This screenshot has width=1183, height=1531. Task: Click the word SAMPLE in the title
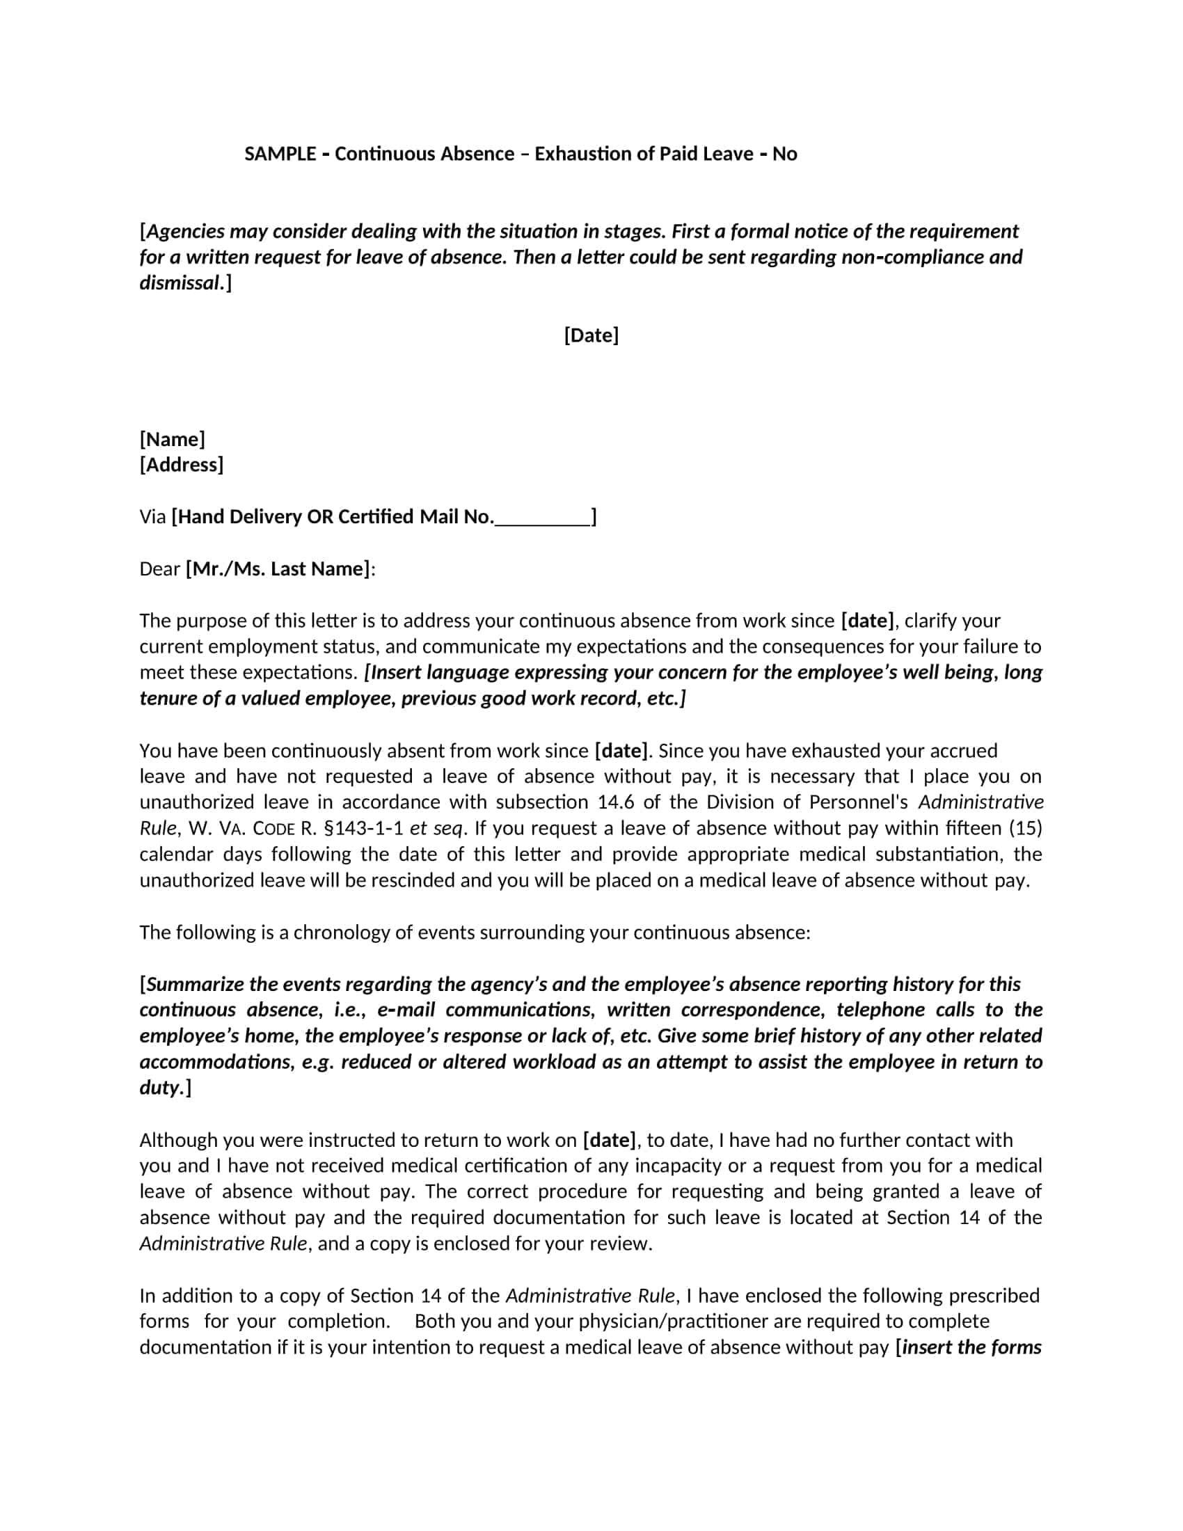pos(280,154)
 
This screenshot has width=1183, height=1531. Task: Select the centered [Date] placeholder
pos(591,335)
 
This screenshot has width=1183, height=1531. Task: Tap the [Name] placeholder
pos(173,440)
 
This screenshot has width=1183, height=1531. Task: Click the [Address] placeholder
pos(182,465)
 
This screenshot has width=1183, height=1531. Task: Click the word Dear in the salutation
pos(160,569)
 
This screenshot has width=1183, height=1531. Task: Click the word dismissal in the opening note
pos(180,283)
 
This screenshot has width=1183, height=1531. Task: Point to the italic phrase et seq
pos(437,828)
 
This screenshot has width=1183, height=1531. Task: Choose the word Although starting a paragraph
pos(178,1141)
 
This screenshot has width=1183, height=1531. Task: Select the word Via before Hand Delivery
pos(153,517)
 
